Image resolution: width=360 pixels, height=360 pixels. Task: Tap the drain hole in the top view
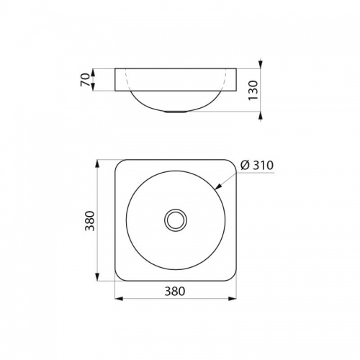click(x=175, y=220)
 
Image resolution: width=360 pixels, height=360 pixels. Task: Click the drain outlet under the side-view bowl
click(x=175, y=112)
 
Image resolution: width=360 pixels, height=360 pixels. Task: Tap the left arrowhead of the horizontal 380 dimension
click(x=117, y=298)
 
